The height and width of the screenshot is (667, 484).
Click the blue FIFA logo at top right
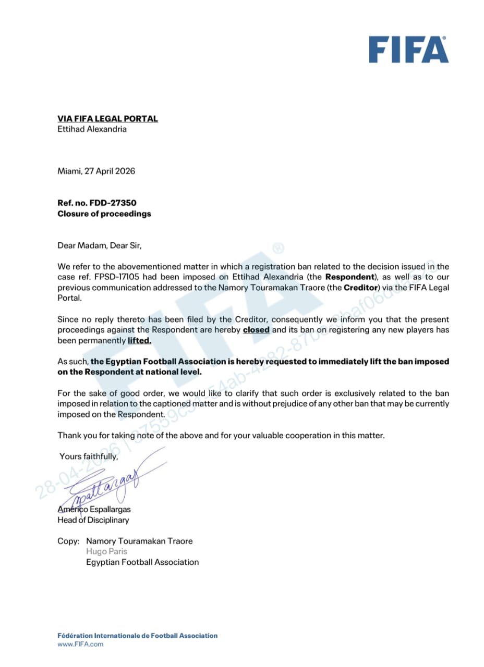click(x=408, y=50)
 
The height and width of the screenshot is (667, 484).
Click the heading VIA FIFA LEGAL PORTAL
click(x=107, y=119)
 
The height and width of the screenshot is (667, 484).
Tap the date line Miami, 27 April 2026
click(x=96, y=171)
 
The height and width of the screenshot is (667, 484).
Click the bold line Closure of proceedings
click(x=104, y=214)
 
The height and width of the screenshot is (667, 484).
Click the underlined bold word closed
click(x=256, y=330)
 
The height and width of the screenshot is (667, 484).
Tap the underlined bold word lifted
click(x=139, y=340)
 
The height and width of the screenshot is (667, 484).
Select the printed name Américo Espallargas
click(x=94, y=509)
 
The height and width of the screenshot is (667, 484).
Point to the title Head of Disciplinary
click(x=93, y=520)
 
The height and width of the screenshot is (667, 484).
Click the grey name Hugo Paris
click(x=106, y=551)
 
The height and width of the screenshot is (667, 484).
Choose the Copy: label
click(x=68, y=541)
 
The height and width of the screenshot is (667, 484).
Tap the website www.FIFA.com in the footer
click(x=80, y=644)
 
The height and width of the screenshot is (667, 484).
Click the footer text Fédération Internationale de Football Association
click(x=137, y=635)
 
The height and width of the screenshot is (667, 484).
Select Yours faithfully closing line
click(x=89, y=456)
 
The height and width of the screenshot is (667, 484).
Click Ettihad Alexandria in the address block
click(x=92, y=129)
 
